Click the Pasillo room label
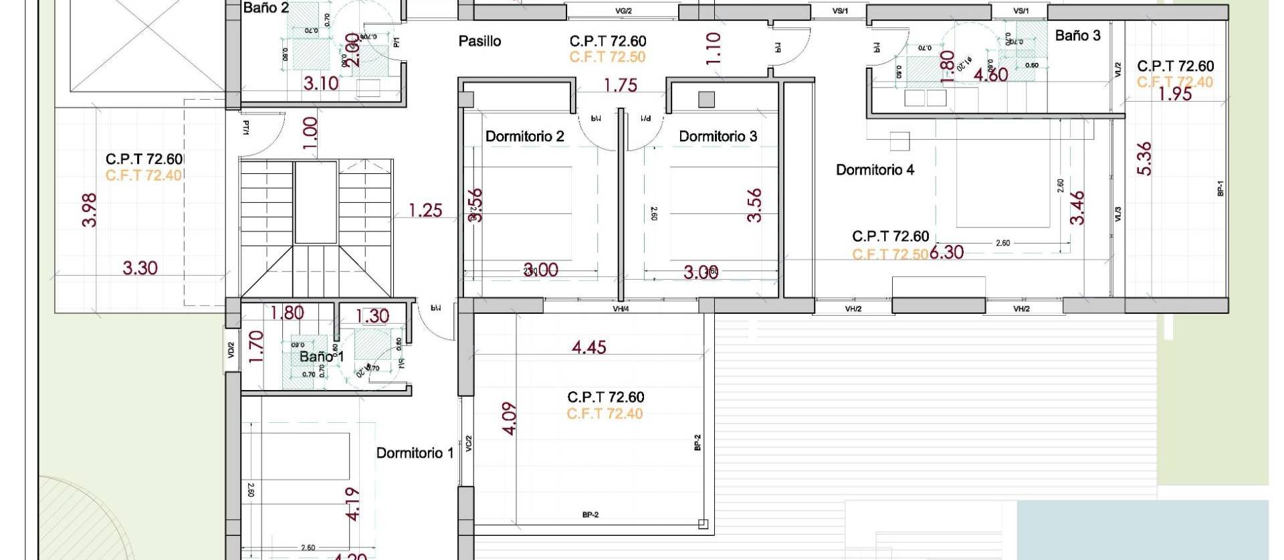point(479,41)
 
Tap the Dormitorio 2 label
point(524,136)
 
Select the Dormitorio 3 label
point(718,136)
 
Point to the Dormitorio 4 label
point(875,170)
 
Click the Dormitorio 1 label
point(415,453)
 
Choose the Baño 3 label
point(1077,36)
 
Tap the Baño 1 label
point(321,357)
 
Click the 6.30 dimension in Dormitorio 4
point(946,252)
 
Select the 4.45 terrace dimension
point(588,347)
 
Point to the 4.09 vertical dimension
point(510,418)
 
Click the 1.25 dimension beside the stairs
point(425,211)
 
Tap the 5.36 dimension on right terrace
point(1145,159)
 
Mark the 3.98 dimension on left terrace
point(90,210)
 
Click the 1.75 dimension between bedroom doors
point(620,86)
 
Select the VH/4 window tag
point(621,309)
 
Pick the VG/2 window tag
point(623,11)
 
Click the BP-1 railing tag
point(1220,189)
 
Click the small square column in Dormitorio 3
point(706,100)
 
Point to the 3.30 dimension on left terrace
point(140,268)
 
